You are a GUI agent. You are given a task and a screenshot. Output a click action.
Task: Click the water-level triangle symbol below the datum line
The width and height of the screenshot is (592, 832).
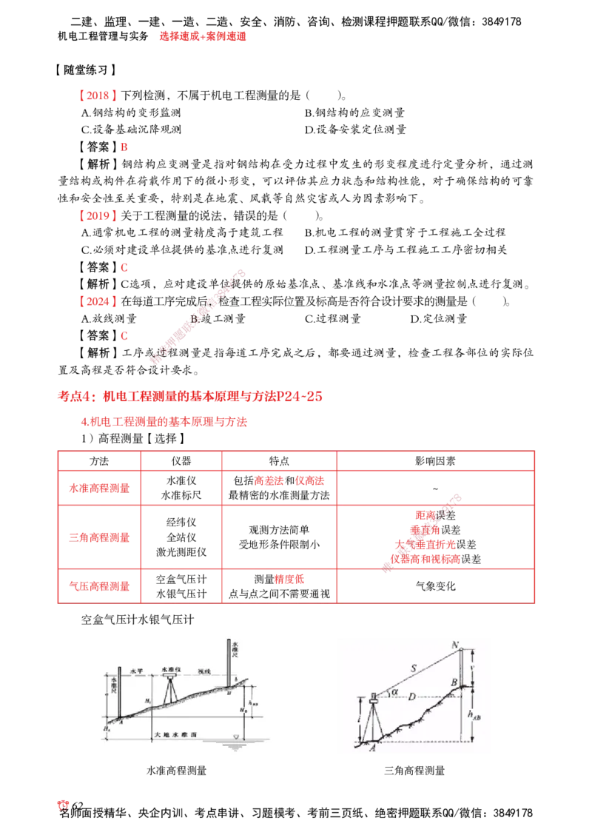[236, 737]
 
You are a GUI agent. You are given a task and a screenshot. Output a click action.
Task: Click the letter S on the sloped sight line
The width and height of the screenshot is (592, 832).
[414, 668]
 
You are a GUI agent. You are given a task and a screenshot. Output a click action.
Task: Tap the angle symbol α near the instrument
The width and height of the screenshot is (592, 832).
[394, 692]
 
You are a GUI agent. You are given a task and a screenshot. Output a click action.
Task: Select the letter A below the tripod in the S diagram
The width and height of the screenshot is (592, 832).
[373, 748]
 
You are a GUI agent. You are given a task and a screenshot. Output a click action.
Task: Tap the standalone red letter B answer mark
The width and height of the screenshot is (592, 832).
[124, 148]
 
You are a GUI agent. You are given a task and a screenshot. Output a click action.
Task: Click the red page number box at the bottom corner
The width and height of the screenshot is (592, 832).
[63, 805]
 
